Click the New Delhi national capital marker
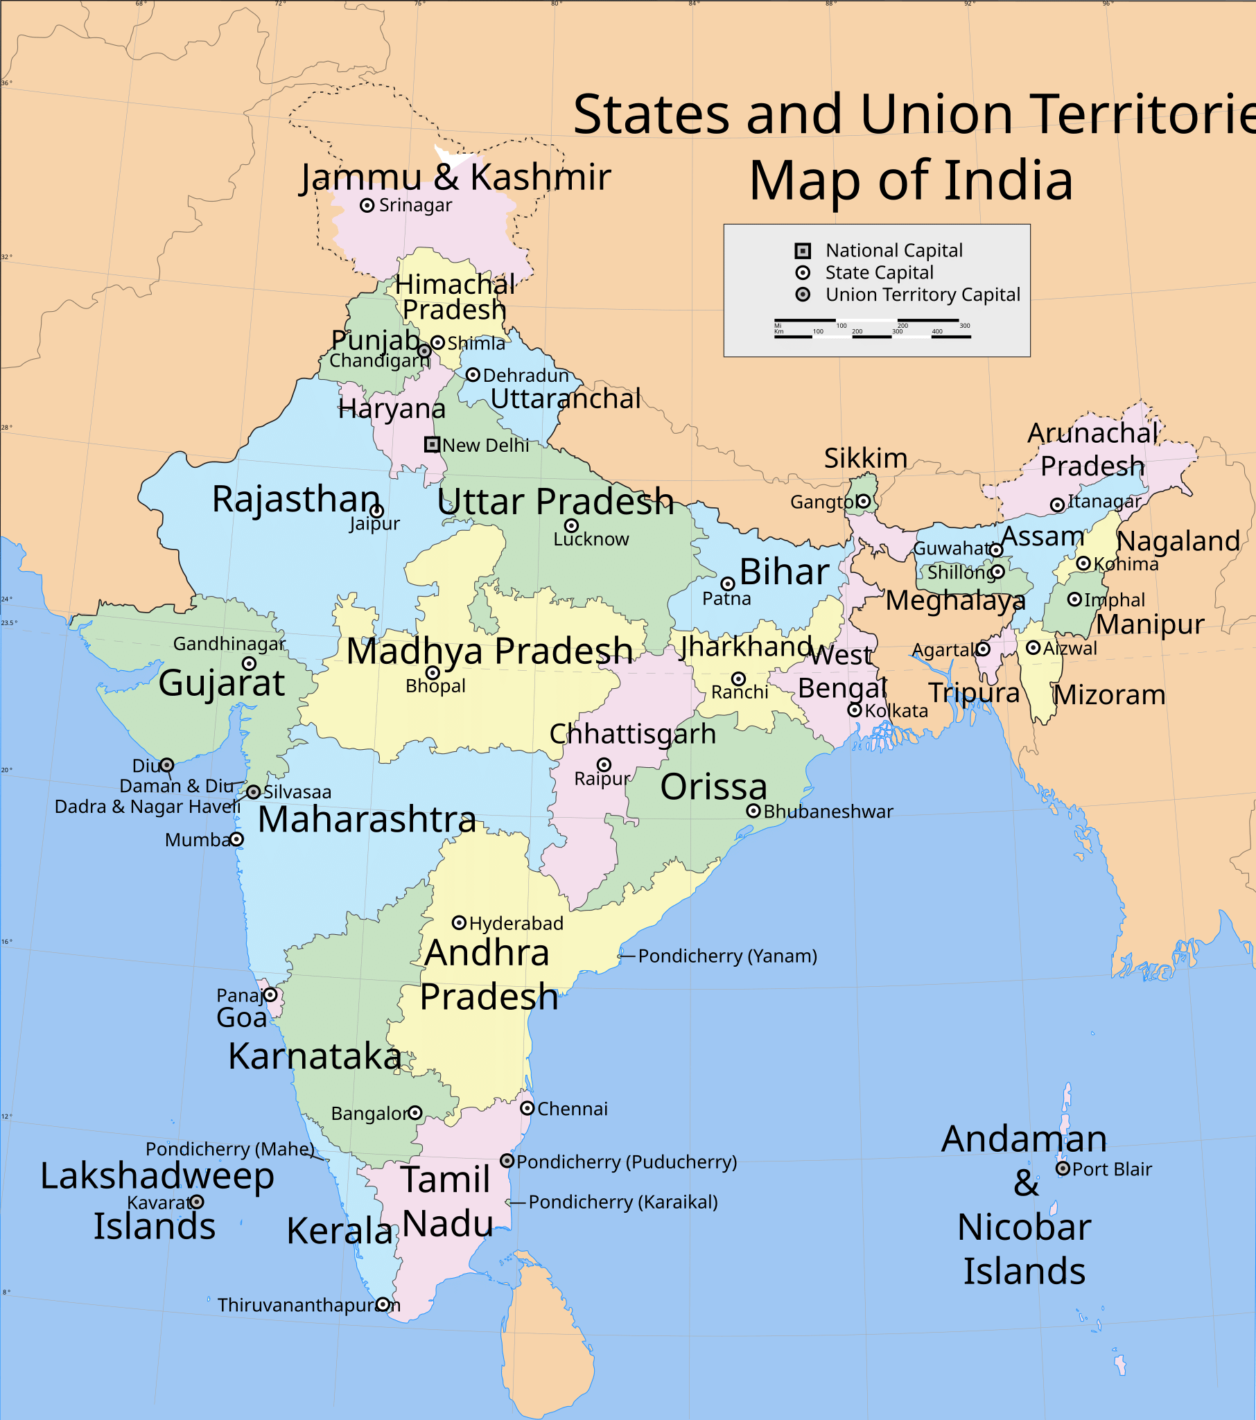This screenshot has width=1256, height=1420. point(432,444)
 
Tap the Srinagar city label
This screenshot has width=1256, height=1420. point(415,206)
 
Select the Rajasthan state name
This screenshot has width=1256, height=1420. point(296,499)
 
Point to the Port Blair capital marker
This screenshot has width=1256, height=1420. point(1062,1168)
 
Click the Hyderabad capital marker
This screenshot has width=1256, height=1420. point(458,922)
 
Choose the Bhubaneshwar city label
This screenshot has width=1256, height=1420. point(828,812)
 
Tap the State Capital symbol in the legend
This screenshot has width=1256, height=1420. point(803,272)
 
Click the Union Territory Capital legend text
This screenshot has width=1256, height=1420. point(923,295)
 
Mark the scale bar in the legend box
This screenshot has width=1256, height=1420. point(872,328)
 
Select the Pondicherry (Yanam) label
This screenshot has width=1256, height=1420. point(726,956)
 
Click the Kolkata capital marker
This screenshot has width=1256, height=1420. point(855,710)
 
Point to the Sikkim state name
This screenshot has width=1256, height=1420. point(866,458)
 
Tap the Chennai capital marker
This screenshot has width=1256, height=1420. point(527,1108)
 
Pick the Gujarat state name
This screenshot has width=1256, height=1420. point(222,682)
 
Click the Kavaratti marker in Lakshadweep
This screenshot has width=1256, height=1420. point(197,1201)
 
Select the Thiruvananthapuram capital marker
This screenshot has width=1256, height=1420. point(383,1304)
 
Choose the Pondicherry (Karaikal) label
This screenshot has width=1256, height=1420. point(622,1202)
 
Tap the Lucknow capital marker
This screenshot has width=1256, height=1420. point(571,525)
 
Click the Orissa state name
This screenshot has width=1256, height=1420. point(713,787)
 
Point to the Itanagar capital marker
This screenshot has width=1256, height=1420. point(1056,505)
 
